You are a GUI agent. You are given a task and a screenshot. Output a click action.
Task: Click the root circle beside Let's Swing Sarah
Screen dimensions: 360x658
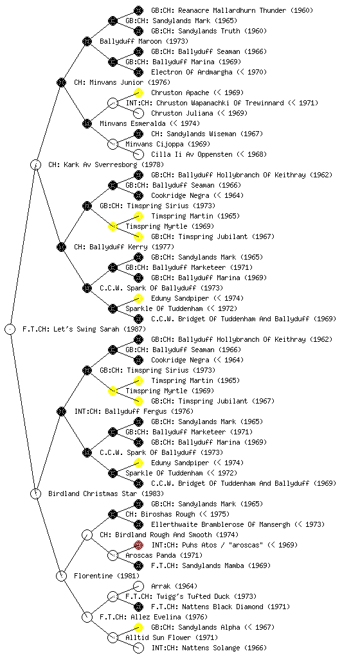[x=10, y=329]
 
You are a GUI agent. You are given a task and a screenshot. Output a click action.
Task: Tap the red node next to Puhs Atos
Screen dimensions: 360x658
[x=138, y=545]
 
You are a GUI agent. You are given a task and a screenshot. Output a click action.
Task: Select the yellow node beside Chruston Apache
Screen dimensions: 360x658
[x=138, y=93]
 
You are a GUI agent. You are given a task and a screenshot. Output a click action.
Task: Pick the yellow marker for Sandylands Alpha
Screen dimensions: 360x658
[x=138, y=627]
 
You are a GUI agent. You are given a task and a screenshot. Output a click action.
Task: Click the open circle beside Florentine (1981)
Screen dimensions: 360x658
[x=61, y=576]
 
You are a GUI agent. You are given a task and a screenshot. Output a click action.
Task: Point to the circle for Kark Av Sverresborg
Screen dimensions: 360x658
[x=35, y=164]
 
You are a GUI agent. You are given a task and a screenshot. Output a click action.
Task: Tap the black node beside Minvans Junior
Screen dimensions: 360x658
[x=61, y=82]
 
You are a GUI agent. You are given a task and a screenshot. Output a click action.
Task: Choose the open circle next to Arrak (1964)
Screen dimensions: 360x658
[x=138, y=586]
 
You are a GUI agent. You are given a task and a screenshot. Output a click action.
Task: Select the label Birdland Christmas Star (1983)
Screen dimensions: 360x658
[x=106, y=493]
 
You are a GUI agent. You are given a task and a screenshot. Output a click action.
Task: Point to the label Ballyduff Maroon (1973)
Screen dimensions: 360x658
[x=144, y=41]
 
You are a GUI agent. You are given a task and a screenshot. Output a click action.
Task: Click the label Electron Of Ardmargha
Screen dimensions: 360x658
[x=192, y=72]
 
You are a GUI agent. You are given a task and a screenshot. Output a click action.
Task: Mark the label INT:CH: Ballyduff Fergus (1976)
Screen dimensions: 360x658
[x=134, y=411]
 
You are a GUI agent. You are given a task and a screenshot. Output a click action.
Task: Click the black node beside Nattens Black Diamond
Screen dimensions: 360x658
[x=138, y=607]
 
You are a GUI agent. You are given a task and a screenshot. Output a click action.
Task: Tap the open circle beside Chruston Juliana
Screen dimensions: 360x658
[x=138, y=113]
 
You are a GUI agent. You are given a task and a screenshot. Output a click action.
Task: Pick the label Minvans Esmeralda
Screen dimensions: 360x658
[x=132, y=123]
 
